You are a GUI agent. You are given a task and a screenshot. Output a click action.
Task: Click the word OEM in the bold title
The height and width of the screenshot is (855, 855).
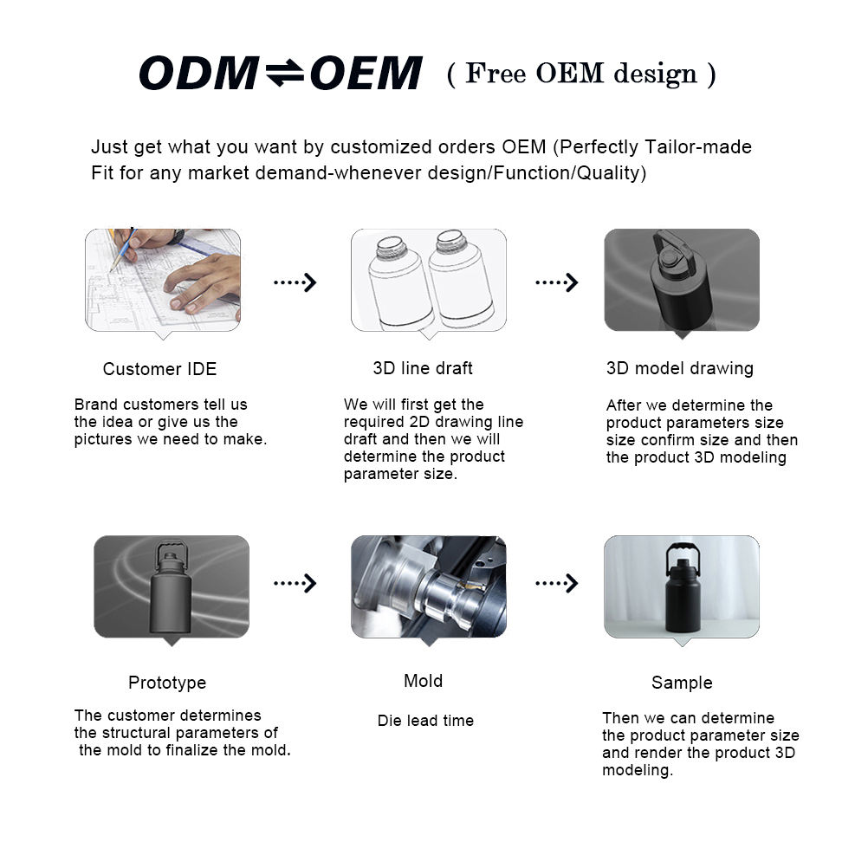(364, 74)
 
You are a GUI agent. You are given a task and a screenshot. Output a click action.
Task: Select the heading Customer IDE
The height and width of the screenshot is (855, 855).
(159, 369)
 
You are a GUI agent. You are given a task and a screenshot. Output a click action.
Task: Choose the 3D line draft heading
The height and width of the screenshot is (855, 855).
(423, 368)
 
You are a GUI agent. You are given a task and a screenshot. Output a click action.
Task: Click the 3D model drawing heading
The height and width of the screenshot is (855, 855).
(680, 368)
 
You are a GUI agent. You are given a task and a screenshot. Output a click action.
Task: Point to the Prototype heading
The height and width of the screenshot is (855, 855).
(167, 683)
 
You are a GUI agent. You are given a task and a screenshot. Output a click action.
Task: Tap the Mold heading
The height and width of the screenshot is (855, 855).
(423, 681)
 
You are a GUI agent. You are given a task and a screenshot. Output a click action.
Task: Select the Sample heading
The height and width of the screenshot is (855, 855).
(682, 683)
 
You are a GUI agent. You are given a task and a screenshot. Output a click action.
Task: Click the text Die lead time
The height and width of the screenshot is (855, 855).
(425, 721)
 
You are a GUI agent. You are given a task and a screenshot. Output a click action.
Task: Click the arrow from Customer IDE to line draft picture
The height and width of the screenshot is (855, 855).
(295, 282)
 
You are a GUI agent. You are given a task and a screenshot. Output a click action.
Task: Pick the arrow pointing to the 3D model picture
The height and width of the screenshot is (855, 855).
(557, 282)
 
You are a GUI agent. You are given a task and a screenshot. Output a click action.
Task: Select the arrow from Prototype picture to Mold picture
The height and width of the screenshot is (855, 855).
(295, 583)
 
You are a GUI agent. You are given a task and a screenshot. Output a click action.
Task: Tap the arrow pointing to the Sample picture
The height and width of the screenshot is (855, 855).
(557, 583)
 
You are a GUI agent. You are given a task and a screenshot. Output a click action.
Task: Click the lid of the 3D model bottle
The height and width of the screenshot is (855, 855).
(669, 256)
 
